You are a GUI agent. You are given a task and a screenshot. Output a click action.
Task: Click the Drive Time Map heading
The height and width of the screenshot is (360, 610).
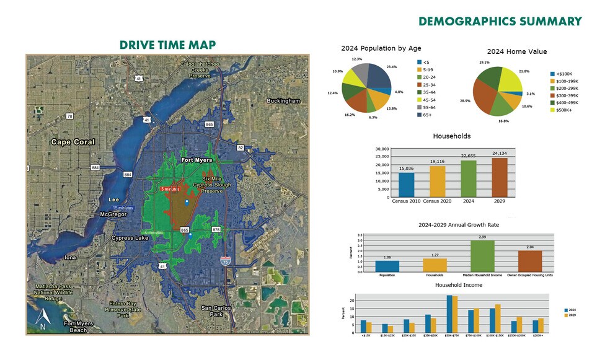pos(167,45)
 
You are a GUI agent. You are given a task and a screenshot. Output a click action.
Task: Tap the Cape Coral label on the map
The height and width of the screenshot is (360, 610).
pos(73,142)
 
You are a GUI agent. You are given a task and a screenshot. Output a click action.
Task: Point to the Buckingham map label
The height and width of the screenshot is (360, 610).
pos(283,101)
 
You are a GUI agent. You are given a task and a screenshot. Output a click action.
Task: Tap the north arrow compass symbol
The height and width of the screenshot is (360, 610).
pos(43,318)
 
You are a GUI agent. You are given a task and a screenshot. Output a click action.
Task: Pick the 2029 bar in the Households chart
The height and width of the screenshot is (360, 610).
pos(500,178)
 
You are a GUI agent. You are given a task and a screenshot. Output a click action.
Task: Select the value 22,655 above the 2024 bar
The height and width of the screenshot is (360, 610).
pos(469,156)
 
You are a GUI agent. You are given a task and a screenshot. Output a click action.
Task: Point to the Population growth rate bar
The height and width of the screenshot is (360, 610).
pos(387,266)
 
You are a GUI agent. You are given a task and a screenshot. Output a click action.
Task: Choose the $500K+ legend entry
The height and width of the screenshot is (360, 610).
pos(562,110)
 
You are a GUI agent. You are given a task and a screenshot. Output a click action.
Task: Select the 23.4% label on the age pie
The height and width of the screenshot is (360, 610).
pos(392,67)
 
